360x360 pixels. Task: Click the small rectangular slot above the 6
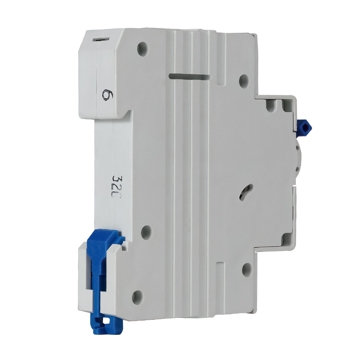pyautogui.click(x=100, y=39)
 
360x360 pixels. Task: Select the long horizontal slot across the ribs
pyautogui.click(x=189, y=77)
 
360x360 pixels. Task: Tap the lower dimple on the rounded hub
pyautogui.click(x=298, y=170)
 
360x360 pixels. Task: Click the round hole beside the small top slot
pyautogui.click(x=143, y=48)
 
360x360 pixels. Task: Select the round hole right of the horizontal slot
pyautogui.click(x=244, y=81)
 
